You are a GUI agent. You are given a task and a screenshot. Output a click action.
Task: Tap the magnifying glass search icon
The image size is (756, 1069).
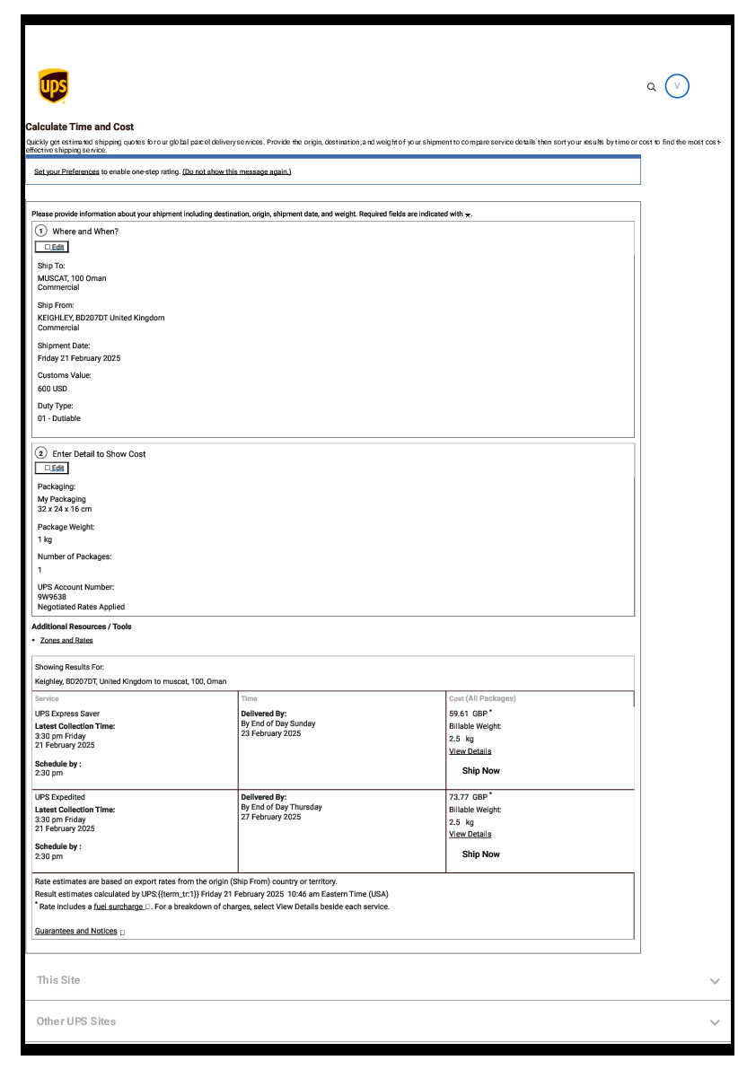652,87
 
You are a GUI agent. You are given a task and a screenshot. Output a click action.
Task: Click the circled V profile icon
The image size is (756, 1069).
677,86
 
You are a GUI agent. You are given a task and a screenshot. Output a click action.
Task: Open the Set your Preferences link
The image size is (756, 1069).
66,171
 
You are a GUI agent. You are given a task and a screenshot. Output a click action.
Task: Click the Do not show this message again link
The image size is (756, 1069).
237,171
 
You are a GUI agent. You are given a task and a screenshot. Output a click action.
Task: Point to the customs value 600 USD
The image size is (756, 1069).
52,389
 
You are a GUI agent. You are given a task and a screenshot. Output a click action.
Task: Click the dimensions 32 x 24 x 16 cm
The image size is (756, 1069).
65,509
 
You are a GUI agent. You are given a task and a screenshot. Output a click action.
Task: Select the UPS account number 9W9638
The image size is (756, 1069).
52,597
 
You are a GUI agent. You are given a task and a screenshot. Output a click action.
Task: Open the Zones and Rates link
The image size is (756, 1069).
66,640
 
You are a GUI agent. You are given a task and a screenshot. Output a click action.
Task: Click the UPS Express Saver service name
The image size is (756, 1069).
67,714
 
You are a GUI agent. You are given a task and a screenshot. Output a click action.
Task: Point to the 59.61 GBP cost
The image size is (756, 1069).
469,714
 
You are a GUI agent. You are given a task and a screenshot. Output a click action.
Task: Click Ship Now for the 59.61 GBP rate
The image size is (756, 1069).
480,771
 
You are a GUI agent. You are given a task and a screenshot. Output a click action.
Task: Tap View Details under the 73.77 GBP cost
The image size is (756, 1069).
470,834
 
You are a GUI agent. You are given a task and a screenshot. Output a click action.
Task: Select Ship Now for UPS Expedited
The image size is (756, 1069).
480,854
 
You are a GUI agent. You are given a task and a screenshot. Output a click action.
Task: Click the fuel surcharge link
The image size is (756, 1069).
119,907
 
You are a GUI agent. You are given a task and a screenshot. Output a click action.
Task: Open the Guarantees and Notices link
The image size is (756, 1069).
76,931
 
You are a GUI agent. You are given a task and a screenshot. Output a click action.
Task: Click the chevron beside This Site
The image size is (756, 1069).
715,981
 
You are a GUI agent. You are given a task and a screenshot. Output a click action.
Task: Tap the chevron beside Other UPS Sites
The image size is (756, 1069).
715,1022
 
